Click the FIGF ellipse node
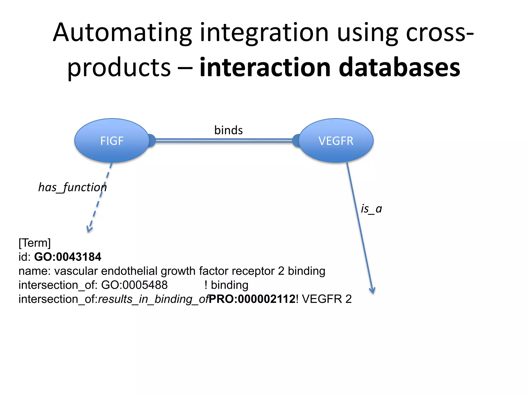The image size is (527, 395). [x=112, y=141]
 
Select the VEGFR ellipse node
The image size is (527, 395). [x=336, y=141]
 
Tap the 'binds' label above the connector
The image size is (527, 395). [x=229, y=130]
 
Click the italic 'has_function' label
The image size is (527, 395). [x=72, y=187]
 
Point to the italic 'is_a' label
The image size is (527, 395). [x=371, y=209]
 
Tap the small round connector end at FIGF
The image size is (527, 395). [x=152, y=141]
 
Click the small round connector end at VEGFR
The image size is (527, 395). [x=296, y=141]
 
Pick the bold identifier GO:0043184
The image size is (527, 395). [x=68, y=257]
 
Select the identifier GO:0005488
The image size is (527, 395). [x=134, y=285]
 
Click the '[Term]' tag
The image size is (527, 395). [x=34, y=243]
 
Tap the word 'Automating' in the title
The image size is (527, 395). [x=122, y=33]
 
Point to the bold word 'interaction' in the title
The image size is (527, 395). [x=265, y=67]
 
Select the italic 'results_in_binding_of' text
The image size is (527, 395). [x=154, y=299]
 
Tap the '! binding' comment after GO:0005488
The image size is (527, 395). [x=226, y=285]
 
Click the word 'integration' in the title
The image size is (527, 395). [x=264, y=33]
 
